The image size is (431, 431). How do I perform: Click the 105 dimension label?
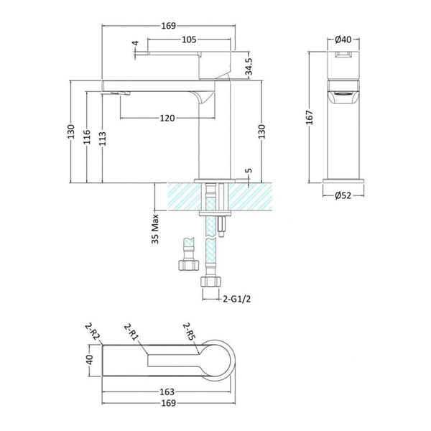pos(189,40)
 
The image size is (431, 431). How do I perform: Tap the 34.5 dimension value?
pos(249,67)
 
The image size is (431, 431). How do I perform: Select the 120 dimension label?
pos(167,119)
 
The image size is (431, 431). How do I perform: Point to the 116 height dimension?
pos(87,136)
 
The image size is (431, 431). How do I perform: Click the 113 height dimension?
pos(102,139)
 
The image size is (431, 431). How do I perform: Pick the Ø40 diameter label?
pos(343,40)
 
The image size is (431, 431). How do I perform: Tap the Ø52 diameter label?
pos(343,195)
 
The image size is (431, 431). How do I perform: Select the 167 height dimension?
pos(310,117)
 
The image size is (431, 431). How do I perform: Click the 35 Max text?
pos(156,228)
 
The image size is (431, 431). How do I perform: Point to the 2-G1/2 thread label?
pos(236,299)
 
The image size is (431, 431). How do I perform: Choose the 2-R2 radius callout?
pos(93,332)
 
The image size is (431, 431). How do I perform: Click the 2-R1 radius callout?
pos(131,332)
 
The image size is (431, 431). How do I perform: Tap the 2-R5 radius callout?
pos(190,331)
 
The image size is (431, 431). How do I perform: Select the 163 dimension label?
pos(167,391)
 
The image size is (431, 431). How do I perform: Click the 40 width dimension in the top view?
pos(90,360)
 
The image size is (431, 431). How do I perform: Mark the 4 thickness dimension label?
pos(135,43)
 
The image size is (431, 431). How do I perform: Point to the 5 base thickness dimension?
pos(249,171)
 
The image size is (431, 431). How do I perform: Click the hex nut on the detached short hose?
pos(188,265)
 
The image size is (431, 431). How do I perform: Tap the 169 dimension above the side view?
pos(168,26)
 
